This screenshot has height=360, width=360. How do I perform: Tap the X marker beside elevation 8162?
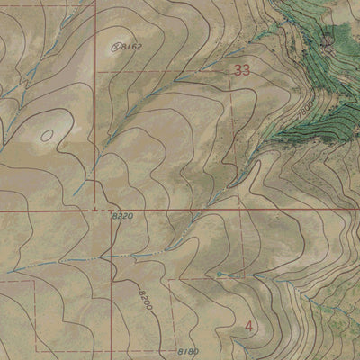coord(115,44)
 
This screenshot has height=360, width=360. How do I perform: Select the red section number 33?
coord(241,69)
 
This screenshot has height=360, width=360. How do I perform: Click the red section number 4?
coord(248,325)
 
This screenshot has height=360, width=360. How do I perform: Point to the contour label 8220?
coord(123,218)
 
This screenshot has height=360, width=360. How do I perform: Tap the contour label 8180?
coord(188,351)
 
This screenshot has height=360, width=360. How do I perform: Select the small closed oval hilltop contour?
coord(46,136)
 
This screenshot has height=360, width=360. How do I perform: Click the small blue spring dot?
coord(219,273)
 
